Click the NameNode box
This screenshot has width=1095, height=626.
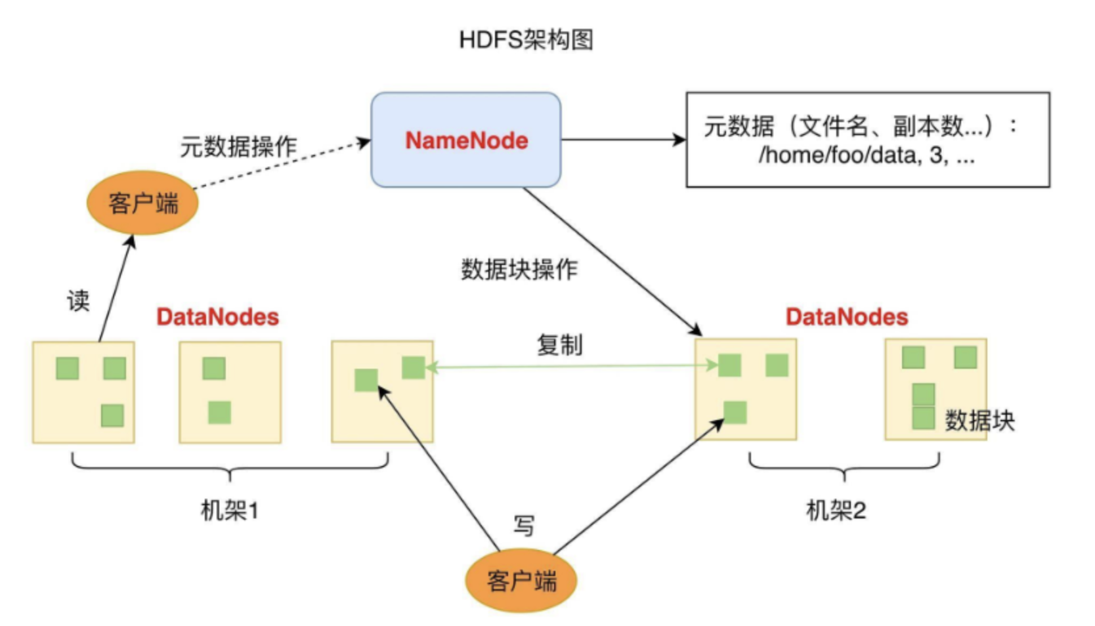click(465, 140)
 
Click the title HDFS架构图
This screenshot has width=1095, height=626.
click(526, 40)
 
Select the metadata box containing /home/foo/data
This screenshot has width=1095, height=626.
click(867, 140)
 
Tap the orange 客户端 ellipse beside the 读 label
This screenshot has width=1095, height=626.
click(142, 203)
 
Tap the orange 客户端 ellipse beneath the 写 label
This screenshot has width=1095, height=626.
click(521, 581)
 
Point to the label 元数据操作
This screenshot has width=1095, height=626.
click(238, 146)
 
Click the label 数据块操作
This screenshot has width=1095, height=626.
click(519, 269)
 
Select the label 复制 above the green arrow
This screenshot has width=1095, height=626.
click(559, 344)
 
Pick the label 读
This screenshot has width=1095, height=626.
click(78, 301)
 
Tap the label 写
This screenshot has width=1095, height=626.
click(523, 525)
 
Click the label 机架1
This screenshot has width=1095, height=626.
click(229, 510)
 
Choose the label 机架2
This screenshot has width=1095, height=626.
click(836, 510)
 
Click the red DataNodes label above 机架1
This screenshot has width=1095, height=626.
click(217, 317)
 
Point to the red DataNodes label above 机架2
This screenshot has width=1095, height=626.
click(847, 317)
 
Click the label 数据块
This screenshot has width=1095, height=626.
click(979, 421)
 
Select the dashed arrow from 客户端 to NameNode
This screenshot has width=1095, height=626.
click(282, 164)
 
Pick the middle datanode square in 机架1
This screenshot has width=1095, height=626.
click(230, 392)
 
